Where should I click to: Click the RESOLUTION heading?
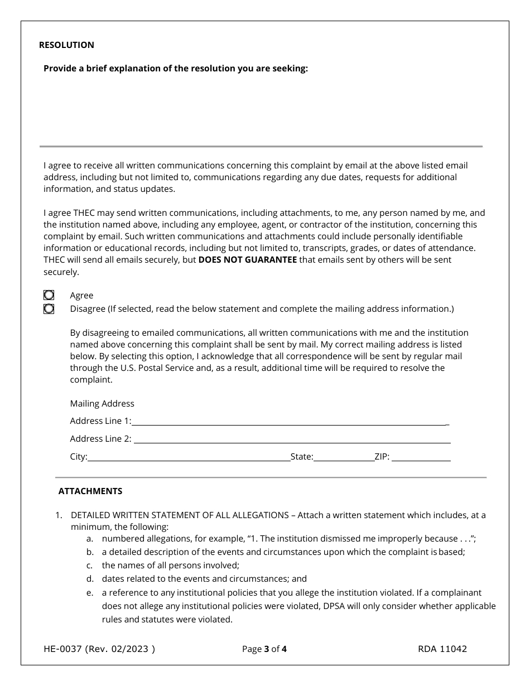(x=66, y=45)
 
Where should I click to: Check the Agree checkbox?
(x=49, y=295)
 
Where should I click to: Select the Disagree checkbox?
(x=49, y=308)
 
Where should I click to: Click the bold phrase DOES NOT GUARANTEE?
(x=247, y=260)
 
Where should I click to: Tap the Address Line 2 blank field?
(x=292, y=438)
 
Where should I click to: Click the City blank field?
(x=189, y=457)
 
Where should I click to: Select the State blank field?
(x=344, y=457)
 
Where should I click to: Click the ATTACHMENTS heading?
(x=90, y=491)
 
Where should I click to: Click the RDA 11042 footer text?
(x=442, y=649)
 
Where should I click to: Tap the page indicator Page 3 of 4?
(x=264, y=649)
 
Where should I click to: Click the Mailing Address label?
(x=102, y=403)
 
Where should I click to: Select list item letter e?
(x=89, y=592)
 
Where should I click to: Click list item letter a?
(x=89, y=539)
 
